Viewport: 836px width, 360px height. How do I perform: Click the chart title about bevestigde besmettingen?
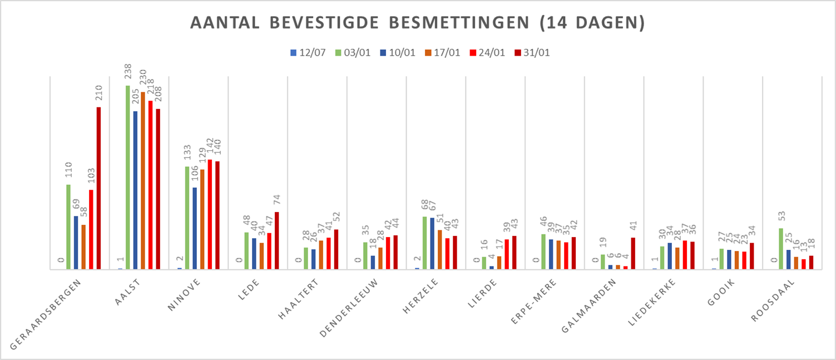[418, 23]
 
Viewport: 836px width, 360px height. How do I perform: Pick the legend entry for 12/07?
[307, 53]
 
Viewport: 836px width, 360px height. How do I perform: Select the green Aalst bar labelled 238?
[128, 177]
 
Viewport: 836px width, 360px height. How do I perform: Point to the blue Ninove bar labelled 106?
[195, 228]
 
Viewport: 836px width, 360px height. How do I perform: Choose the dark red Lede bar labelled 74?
[277, 240]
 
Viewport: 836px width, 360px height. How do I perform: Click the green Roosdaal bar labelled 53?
[781, 249]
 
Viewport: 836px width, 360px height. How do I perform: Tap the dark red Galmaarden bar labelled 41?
[633, 253]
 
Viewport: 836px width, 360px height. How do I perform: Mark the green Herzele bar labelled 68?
[424, 243]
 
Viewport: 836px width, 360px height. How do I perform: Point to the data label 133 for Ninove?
[187, 153]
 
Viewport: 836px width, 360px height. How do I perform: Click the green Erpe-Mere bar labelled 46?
[543, 251]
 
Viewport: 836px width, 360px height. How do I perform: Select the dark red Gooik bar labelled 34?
[751, 256]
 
